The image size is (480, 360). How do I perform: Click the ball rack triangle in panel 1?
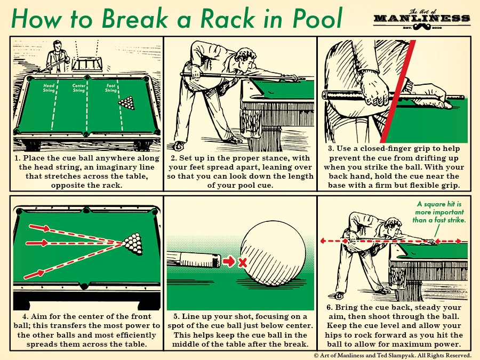tap(127, 103)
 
